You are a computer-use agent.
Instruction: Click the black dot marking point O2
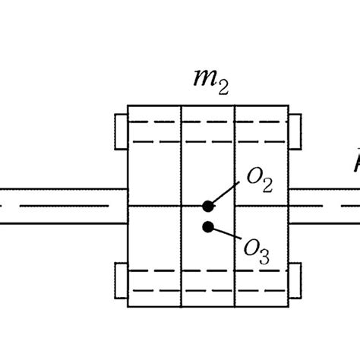[x=207, y=206]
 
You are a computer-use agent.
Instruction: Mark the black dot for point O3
[x=207, y=226]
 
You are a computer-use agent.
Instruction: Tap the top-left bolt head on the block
[x=121, y=131]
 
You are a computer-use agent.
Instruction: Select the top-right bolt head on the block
[x=295, y=131]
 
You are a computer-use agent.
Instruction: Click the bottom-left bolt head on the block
[x=121, y=280]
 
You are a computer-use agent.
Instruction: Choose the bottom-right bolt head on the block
[x=295, y=280]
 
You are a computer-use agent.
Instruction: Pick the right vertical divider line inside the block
[x=235, y=167]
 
